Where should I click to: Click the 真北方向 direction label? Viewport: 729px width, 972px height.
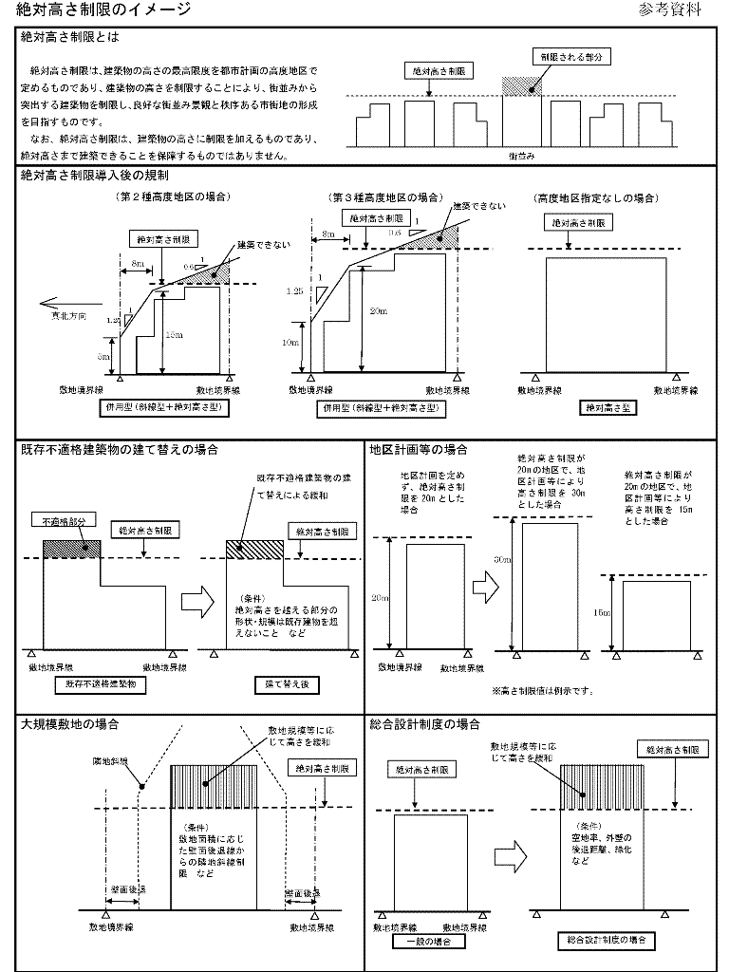(x=71, y=319)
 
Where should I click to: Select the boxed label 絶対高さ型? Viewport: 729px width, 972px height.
(x=608, y=408)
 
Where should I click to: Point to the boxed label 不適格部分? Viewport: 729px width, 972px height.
(x=64, y=521)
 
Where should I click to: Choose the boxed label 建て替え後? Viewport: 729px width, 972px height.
(x=254, y=682)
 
